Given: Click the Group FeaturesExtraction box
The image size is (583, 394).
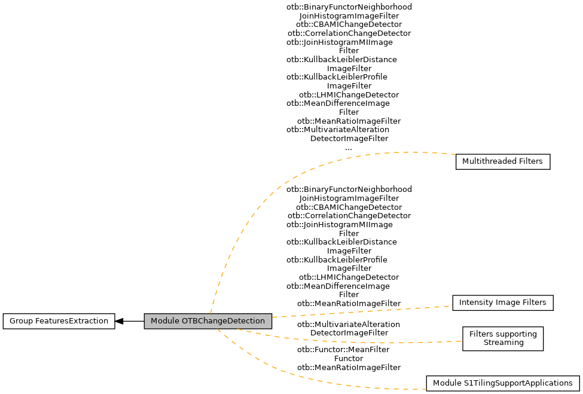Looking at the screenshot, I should (59, 321).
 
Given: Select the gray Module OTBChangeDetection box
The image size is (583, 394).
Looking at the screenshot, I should (207, 321).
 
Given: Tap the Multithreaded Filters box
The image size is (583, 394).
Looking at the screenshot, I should (502, 161).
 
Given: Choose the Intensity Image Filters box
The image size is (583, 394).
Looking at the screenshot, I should (502, 303).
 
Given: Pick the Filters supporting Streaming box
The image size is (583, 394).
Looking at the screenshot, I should (503, 338).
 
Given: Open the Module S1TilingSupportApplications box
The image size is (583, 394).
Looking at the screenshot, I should (502, 383).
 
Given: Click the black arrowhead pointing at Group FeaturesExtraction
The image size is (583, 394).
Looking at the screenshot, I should (119, 321).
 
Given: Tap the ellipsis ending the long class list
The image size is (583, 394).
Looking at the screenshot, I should (349, 147).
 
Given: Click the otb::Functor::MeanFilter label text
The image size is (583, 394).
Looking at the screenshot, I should (343, 349).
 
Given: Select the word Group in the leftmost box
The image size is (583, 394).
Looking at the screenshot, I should (20, 321).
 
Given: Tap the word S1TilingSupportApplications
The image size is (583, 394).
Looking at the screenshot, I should (519, 383).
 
